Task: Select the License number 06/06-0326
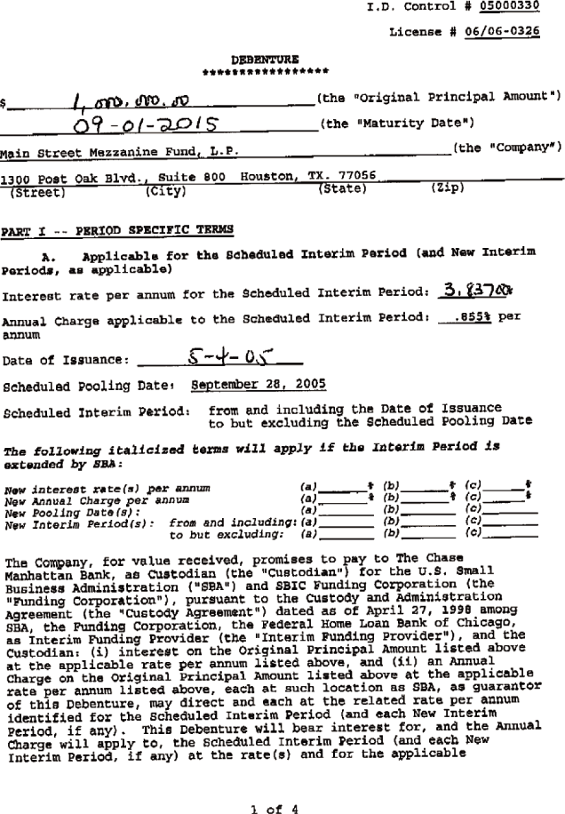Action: (505, 32)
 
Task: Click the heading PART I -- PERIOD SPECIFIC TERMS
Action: (116, 230)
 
